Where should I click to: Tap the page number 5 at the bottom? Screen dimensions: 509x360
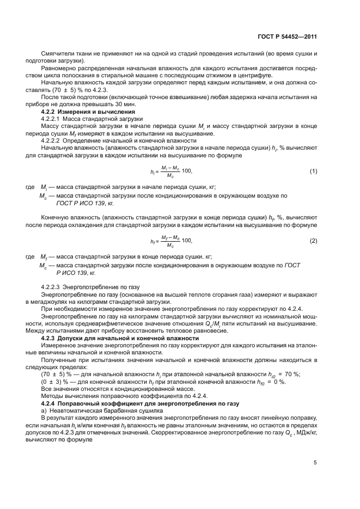tap(315, 463)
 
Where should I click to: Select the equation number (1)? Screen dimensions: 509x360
tap(313, 171)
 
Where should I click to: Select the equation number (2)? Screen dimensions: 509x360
tap(313, 241)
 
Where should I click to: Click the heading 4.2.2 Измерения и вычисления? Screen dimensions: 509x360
tap(81, 112)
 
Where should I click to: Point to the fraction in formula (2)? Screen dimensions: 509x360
tap(170, 241)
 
